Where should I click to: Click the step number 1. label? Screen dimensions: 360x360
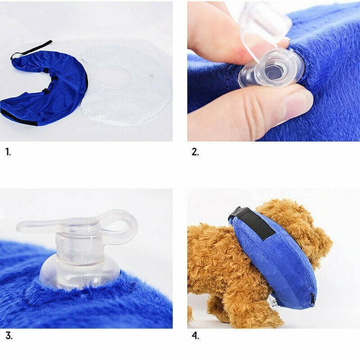click(8, 152)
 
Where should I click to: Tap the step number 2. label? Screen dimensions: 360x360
click(195, 152)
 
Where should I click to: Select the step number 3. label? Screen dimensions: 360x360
click(9, 335)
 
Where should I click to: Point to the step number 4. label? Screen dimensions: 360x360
click(195, 335)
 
